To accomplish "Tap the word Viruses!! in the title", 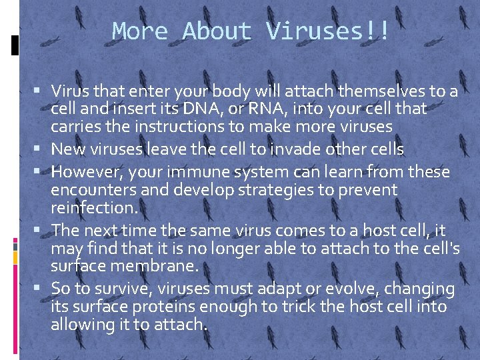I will tap(327, 31).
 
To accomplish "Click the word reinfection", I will tap(94, 208).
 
